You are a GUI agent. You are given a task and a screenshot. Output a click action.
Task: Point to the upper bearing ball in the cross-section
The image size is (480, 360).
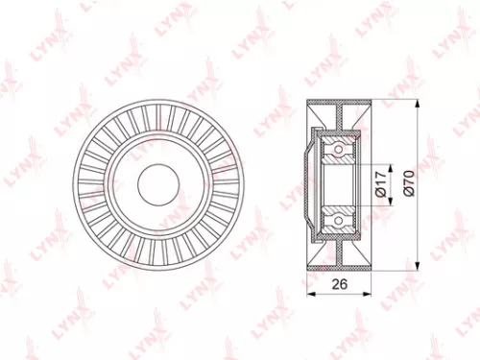click(x=338, y=146)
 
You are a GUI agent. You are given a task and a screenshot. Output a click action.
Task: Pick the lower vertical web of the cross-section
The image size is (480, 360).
click(x=342, y=248)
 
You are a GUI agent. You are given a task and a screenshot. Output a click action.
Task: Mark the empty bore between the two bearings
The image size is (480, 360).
click(x=341, y=182)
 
